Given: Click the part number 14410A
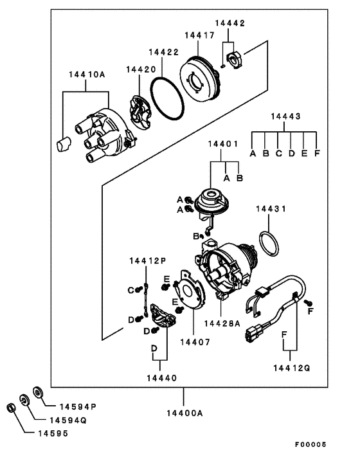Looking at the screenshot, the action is (x=87, y=75).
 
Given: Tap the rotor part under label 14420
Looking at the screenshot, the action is (x=139, y=113).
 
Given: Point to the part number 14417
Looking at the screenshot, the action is (x=200, y=35).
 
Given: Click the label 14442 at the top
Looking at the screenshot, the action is (x=230, y=23).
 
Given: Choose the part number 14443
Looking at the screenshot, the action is (x=285, y=116).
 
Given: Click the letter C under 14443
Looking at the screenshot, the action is (x=278, y=153).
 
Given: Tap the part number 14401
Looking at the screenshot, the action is (x=223, y=143).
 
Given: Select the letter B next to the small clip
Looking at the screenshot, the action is (x=196, y=236).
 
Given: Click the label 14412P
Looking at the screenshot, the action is (x=148, y=260).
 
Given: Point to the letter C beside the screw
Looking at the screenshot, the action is (x=130, y=290).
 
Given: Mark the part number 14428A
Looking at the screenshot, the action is (x=222, y=323).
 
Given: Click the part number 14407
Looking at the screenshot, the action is (x=195, y=342).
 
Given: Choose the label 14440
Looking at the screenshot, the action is (x=162, y=378).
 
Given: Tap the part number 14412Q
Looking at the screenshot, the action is (x=292, y=368).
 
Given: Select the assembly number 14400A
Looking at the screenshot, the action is (x=184, y=413).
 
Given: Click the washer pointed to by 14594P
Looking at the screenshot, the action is (x=38, y=392).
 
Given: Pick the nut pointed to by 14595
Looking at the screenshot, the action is (x=11, y=408).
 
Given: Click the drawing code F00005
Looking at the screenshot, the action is (x=310, y=444).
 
